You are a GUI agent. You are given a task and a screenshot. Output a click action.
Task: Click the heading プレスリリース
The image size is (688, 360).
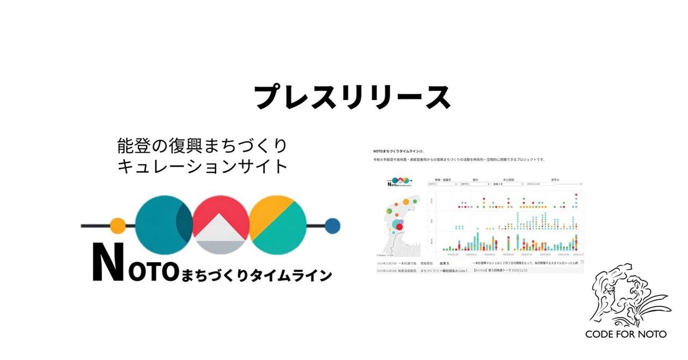pyautogui.click(x=352, y=97)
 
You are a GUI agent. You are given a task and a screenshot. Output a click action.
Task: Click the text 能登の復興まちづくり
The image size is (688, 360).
pyautogui.click(x=202, y=145)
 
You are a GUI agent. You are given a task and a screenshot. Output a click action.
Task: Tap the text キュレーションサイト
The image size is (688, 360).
pyautogui.click(x=202, y=167)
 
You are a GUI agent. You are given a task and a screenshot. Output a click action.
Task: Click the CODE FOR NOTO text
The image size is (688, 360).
pyautogui.click(x=626, y=334)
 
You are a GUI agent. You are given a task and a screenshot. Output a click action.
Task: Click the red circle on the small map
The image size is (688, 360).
pyautogui.click(x=399, y=227)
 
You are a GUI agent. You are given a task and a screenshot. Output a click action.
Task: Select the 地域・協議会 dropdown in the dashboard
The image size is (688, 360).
pyautogui.click(x=442, y=184)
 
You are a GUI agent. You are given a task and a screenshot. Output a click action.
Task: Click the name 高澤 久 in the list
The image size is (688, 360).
pyautogui.click(x=443, y=264)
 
